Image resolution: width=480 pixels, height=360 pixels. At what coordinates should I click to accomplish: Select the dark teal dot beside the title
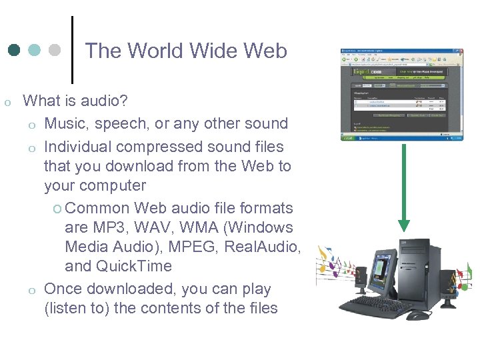[x=14, y=51]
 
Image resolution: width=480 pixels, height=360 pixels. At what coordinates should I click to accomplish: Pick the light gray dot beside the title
[x=55, y=51]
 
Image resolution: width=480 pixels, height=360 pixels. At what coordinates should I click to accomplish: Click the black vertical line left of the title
[x=72, y=45]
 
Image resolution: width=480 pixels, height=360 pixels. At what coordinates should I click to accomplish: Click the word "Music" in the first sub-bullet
[x=66, y=123]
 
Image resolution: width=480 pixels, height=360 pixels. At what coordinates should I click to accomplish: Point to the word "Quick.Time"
[x=133, y=267]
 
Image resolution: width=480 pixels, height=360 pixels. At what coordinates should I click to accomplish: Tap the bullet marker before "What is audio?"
[x=7, y=103]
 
